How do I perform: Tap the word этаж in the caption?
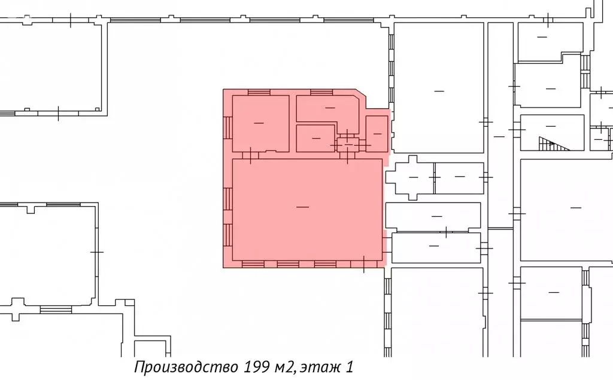click(324, 366)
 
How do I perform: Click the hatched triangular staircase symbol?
click(547, 143)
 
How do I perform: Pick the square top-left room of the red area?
click(260, 123)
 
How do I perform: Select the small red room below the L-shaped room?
click(315, 138)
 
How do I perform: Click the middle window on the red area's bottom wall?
click(288, 263)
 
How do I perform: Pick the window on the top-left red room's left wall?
click(227, 127)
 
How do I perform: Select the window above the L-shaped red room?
click(321, 92)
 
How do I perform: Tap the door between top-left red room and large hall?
click(251, 155)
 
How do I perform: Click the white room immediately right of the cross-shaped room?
click(459, 178)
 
